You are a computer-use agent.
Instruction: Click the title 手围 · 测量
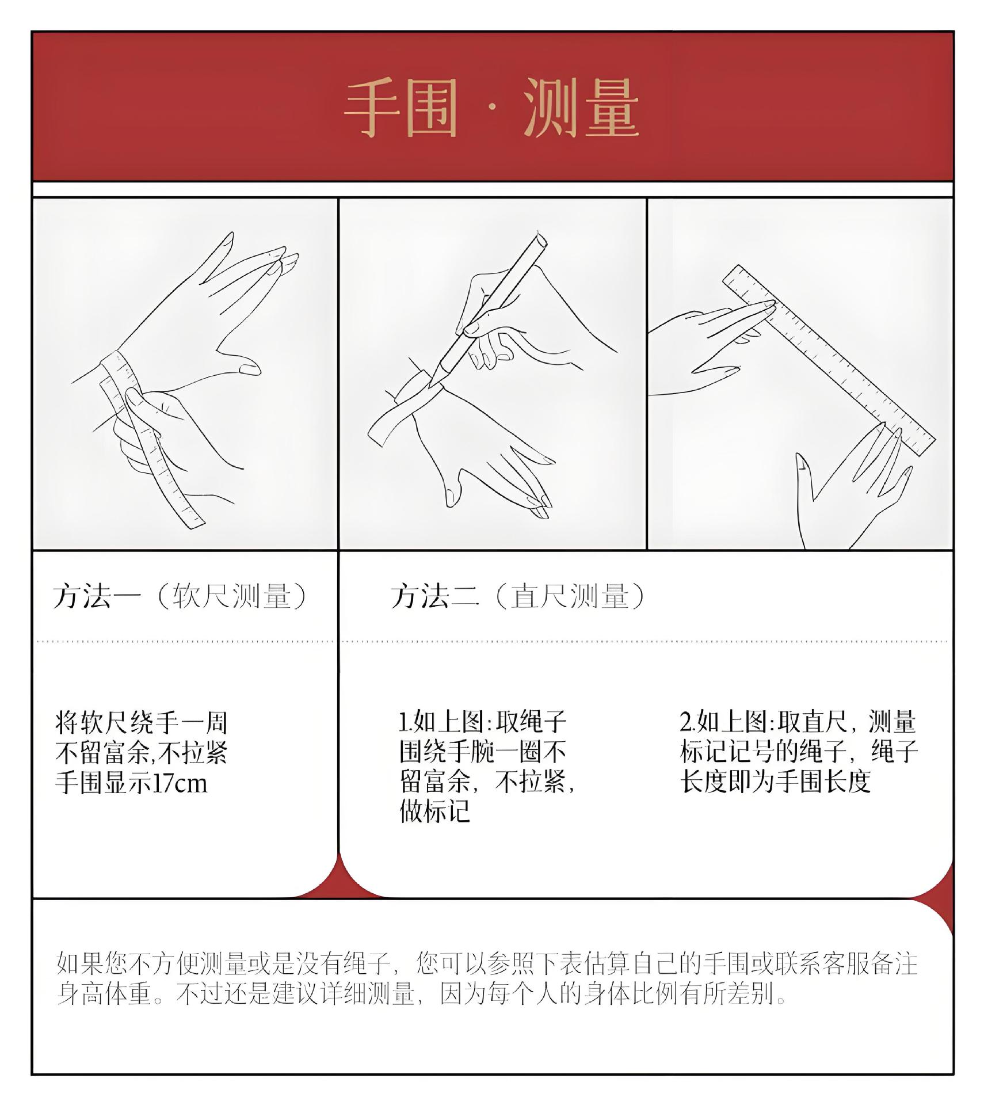[x=492, y=109]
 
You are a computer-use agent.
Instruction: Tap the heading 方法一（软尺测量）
[x=181, y=596]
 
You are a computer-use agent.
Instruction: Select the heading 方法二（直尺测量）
[x=518, y=596]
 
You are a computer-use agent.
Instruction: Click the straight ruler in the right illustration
[x=829, y=360]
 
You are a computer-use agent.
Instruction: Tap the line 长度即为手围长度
[x=775, y=781]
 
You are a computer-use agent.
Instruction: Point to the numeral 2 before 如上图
[x=685, y=722]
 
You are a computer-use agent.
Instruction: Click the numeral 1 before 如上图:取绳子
[x=403, y=722]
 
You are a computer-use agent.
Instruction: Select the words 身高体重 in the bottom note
[x=104, y=994]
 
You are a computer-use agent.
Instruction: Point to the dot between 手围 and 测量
[x=491, y=108]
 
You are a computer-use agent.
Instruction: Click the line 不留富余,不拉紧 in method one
[x=142, y=753]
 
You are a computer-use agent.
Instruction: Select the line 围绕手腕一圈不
[x=483, y=751]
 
